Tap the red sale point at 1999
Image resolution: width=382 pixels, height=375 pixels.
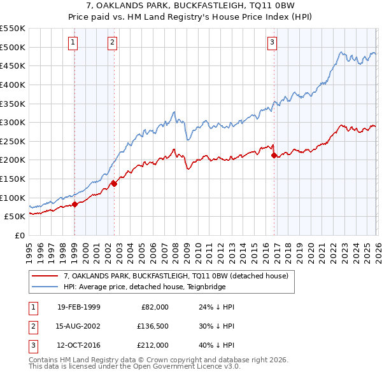[x=74, y=204]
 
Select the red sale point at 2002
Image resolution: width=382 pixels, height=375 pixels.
[x=114, y=184]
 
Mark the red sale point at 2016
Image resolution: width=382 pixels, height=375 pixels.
[x=273, y=155]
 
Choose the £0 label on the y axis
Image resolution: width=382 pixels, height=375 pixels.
[x=19, y=235]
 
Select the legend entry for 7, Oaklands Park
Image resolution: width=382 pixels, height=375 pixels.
[x=176, y=276]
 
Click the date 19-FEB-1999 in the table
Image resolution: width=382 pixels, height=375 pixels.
[x=78, y=306]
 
